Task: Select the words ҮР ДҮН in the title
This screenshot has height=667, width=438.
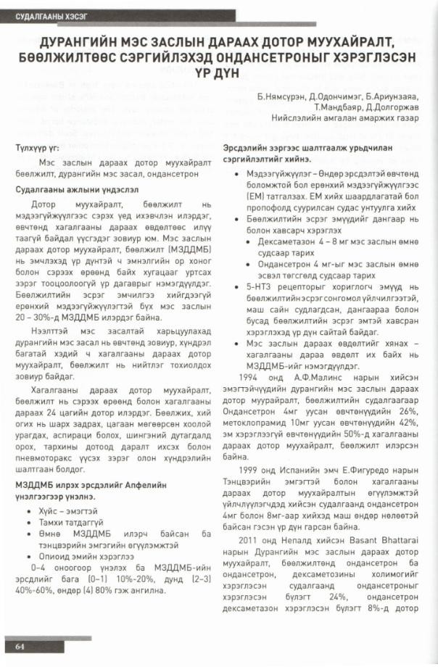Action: tap(218, 72)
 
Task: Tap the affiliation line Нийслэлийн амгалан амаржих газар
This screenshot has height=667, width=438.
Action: tap(344, 117)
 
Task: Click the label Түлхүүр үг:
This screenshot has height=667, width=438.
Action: tap(37, 149)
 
